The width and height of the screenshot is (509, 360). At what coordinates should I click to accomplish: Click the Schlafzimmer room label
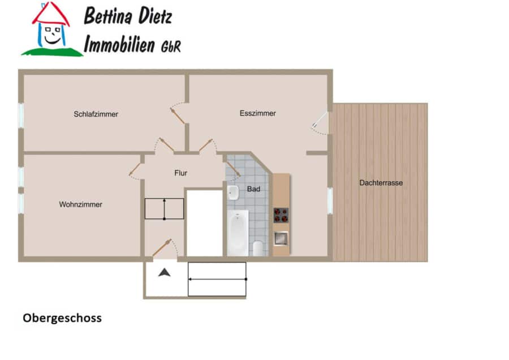[x=96, y=114]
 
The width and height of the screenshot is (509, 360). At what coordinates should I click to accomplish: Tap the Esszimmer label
[x=258, y=113]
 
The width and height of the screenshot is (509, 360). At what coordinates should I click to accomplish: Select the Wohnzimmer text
[x=80, y=204]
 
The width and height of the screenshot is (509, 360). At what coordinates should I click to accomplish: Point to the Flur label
[x=181, y=173]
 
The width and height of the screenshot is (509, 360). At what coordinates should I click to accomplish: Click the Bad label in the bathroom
[x=253, y=188]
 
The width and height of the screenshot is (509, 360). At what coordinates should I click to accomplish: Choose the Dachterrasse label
[x=381, y=183]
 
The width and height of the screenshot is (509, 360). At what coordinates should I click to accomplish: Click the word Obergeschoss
[x=62, y=318]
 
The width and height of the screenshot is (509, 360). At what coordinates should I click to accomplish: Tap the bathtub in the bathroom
[x=238, y=233]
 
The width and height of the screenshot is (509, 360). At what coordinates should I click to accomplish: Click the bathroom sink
[x=233, y=192]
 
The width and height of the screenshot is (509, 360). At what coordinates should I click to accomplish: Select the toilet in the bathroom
[x=258, y=248]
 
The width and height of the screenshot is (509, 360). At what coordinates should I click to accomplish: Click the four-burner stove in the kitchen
[x=281, y=215]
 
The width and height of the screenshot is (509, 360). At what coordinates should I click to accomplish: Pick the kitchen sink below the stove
[x=281, y=238]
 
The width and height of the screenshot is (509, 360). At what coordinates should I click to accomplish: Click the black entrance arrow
[x=164, y=272]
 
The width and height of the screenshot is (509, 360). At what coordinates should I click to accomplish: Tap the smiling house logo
[x=52, y=29]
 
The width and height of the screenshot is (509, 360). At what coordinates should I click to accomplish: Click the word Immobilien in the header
[x=119, y=44]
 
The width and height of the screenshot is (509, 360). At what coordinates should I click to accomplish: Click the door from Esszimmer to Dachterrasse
[x=320, y=119]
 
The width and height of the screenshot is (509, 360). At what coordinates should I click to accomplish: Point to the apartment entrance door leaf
[x=162, y=247]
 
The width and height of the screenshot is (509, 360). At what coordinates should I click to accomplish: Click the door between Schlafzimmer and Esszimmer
[x=177, y=115]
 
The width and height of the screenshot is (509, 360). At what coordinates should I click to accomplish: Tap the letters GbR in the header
[x=171, y=46]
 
